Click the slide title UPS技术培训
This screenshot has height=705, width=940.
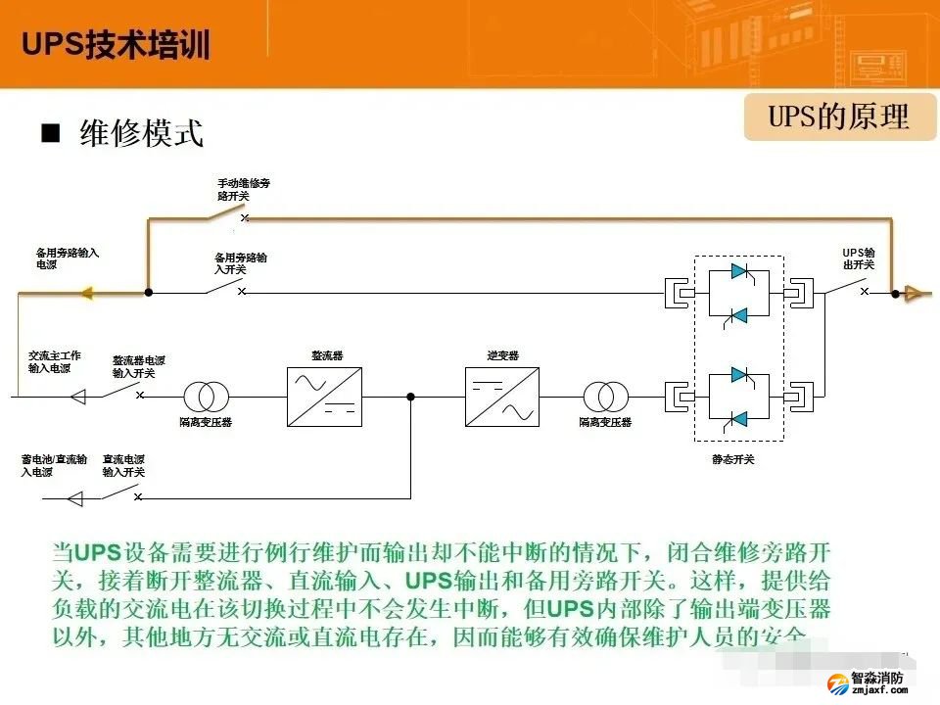click(x=116, y=45)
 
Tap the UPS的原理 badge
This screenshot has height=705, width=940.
click(x=839, y=117)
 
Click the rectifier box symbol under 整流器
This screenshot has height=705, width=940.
click(x=324, y=397)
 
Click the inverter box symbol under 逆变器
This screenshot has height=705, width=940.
click(x=502, y=397)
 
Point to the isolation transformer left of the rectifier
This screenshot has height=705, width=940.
click(x=207, y=397)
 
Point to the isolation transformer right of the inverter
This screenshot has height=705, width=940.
click(x=606, y=397)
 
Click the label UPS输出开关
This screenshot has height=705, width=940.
click(x=859, y=258)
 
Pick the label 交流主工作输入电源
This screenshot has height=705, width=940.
click(x=55, y=361)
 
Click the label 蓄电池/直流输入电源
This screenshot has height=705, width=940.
click(x=55, y=464)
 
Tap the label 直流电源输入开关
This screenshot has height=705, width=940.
click(x=124, y=464)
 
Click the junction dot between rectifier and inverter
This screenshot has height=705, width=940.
click(x=411, y=397)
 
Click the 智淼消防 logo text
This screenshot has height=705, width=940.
click(x=877, y=677)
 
